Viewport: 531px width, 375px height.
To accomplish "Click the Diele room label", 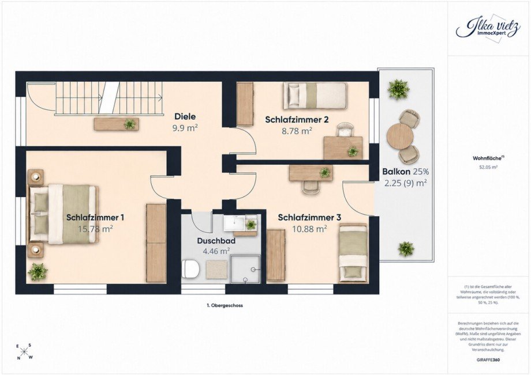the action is (x=185, y=116).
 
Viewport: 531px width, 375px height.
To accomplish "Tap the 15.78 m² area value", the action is (x=95, y=229).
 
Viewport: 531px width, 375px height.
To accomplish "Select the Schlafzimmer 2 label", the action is (x=297, y=120).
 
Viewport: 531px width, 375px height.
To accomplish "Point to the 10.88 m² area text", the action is (x=309, y=229).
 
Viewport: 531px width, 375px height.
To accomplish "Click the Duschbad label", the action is (x=216, y=241).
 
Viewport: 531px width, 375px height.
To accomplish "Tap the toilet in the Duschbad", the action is (x=190, y=269).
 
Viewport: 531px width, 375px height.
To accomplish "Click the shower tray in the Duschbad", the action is (x=246, y=269).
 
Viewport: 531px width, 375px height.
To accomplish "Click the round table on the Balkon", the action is (x=400, y=136).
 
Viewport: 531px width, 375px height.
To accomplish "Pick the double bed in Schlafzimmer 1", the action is (x=63, y=214).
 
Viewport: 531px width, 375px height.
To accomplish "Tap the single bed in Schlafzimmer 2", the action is (x=315, y=96).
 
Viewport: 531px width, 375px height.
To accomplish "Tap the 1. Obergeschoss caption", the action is (x=225, y=305).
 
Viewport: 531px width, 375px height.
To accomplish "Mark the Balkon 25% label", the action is (x=405, y=172).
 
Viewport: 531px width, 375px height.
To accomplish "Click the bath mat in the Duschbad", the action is (x=216, y=269).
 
